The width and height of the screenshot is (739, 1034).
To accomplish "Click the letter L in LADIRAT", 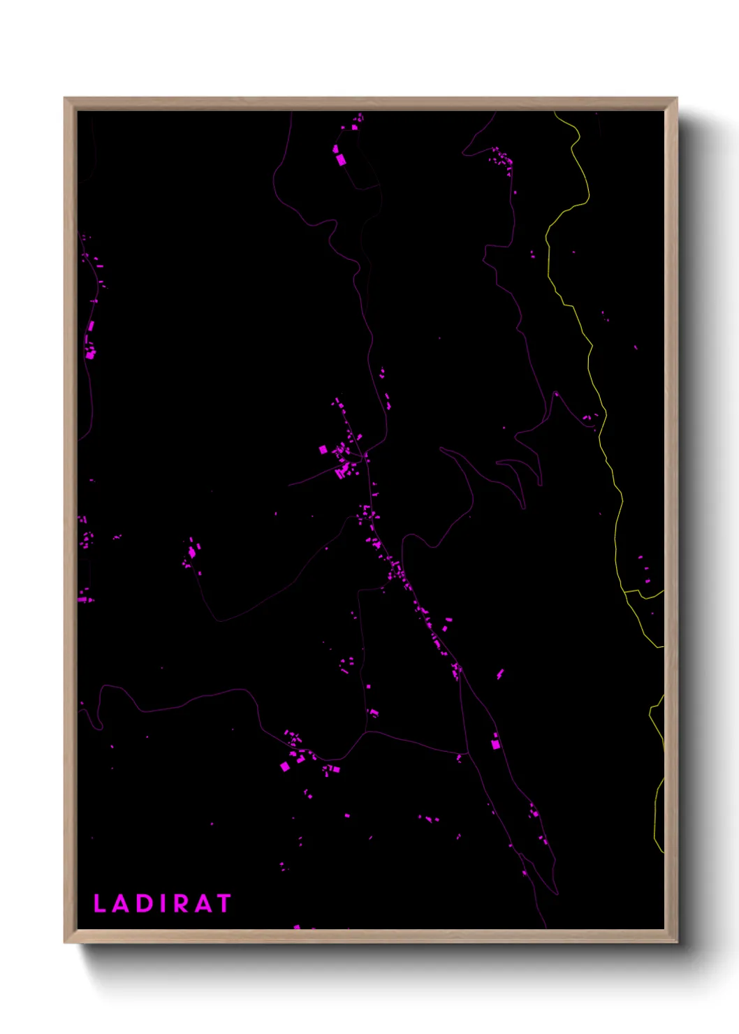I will pos(99,903).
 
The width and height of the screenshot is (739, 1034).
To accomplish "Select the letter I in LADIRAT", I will pos(163,903).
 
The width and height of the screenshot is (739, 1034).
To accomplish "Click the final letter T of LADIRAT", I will pos(223,903).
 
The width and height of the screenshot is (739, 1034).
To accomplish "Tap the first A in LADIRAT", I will pos(121,903).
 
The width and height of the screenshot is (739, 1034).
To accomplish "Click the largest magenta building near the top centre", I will pos(341,160).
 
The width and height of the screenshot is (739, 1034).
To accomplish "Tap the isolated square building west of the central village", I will pos(323,449).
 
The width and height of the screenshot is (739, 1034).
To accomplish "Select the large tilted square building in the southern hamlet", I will pos(284,766).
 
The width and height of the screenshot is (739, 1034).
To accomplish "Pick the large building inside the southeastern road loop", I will pos(496,745).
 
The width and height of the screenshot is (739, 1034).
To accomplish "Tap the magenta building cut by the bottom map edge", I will pos(297,927).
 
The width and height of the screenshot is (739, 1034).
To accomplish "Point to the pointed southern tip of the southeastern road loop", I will pos(557,892).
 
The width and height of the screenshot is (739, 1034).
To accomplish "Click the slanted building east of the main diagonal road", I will pos(500,674).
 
